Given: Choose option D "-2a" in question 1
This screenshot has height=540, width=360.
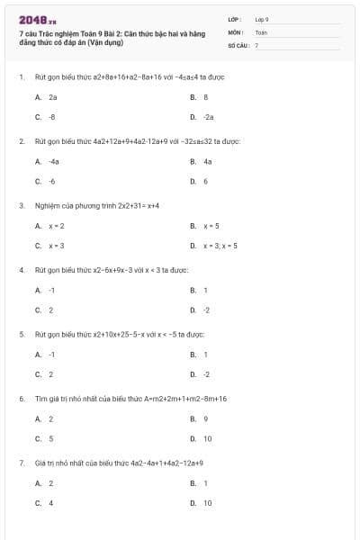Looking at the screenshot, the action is pos(208,117).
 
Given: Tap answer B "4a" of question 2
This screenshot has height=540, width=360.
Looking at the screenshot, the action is pos(207,161).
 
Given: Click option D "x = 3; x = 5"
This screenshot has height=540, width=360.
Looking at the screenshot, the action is pos(220,245).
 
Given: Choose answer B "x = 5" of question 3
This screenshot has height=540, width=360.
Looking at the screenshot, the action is pos(211,225).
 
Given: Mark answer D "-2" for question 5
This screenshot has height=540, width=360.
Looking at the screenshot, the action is pos(206,373).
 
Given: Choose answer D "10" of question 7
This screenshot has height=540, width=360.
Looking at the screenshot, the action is pos(208,503).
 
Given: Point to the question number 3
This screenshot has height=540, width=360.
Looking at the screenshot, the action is pos(21,205).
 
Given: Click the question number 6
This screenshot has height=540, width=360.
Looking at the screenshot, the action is pos(21,398).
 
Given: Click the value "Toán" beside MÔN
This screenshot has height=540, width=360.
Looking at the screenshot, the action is pos(261,31).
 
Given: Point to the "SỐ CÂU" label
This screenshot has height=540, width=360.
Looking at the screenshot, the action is pos(237,44).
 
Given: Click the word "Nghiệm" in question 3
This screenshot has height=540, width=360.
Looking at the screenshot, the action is pos(46,205).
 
